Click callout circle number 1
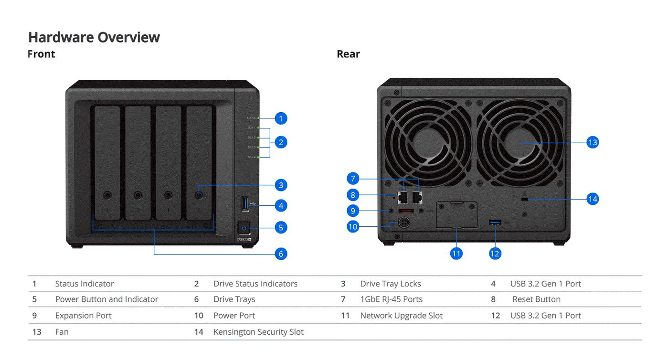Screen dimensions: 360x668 [x=281, y=118]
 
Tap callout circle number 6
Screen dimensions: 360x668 [x=281, y=254]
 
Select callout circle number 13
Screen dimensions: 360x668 [x=593, y=142]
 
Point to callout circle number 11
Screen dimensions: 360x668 [x=456, y=254]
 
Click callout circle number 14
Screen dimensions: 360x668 [x=593, y=199]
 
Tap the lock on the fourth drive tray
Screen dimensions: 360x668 [x=199, y=195]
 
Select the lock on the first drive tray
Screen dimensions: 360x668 [x=107, y=195]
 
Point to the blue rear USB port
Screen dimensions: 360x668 [x=495, y=222]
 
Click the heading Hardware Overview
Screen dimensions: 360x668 [x=94, y=37]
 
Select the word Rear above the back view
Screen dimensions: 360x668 [x=348, y=54]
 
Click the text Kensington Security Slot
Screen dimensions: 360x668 [x=258, y=332]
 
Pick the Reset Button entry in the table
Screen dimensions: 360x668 [x=536, y=299]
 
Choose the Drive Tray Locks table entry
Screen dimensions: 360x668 [x=390, y=284]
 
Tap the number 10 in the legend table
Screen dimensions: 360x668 [x=199, y=316]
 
